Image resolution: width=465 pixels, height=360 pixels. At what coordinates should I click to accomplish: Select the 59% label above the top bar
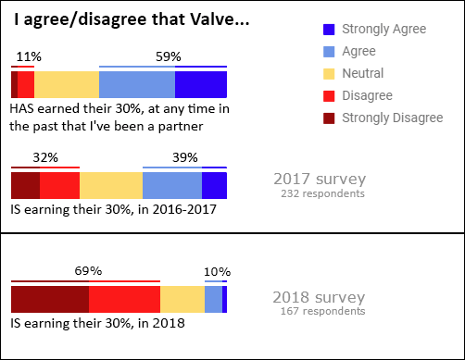(168, 56)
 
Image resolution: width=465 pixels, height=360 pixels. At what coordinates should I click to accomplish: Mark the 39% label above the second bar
(184, 157)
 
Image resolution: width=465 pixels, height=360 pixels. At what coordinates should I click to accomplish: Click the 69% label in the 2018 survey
(87, 270)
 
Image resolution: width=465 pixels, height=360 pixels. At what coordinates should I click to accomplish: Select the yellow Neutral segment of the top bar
(67, 84)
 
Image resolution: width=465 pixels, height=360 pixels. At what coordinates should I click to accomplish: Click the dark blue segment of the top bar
(201, 84)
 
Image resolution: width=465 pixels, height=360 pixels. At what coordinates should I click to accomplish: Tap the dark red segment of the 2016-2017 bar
(25, 185)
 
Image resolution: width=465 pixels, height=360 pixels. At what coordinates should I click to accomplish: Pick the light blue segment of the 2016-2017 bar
(172, 185)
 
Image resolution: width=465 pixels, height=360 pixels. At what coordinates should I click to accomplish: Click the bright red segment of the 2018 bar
(124, 299)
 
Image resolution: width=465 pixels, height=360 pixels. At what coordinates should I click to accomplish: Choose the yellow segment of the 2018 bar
(182, 299)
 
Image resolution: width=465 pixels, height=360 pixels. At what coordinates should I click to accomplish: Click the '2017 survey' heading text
(320, 179)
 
